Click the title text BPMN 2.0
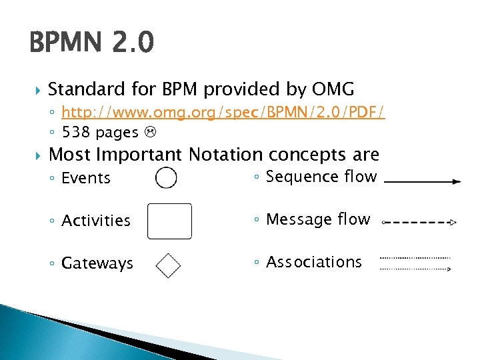(x=92, y=44)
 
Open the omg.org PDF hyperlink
(x=223, y=113)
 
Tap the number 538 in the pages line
(x=76, y=132)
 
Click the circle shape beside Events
(x=167, y=177)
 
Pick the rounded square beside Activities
(x=169, y=221)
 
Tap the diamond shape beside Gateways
(x=168, y=265)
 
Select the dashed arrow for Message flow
(x=420, y=223)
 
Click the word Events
(x=86, y=178)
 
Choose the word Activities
(x=96, y=221)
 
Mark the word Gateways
(x=97, y=263)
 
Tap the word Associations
(x=314, y=262)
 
